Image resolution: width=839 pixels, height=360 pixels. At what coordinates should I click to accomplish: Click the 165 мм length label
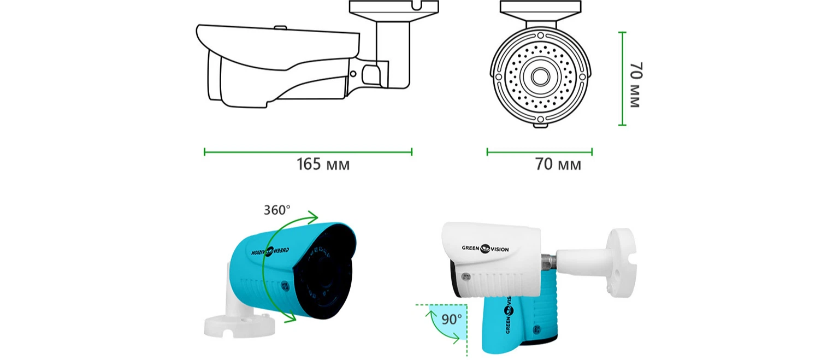pos(323,164)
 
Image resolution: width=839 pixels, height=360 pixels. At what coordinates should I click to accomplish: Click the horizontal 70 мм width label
pos(558,164)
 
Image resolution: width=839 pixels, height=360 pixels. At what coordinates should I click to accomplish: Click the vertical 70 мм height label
pos(636,85)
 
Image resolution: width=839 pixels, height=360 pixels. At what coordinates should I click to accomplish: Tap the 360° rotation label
pos(277,210)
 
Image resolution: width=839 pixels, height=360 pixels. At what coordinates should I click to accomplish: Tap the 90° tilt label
pos(451,320)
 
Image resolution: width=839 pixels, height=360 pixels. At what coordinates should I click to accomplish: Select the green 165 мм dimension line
pos(308,152)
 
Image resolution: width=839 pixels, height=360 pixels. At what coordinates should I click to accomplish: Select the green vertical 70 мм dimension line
pos(622,79)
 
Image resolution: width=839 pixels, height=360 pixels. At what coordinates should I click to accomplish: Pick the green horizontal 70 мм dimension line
pos(539,152)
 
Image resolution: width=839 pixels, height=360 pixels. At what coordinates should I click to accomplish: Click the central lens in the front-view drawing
pos(540,77)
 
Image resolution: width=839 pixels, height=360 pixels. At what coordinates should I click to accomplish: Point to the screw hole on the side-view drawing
pos(353,74)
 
